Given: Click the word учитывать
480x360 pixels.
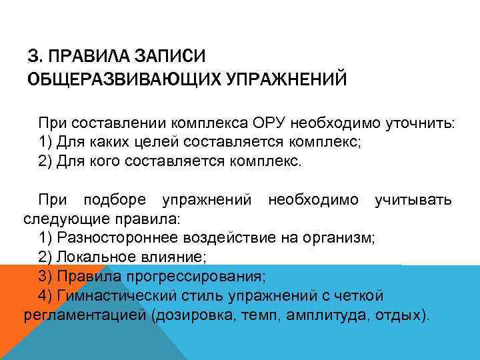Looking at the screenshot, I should pyautogui.click(x=413, y=199).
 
